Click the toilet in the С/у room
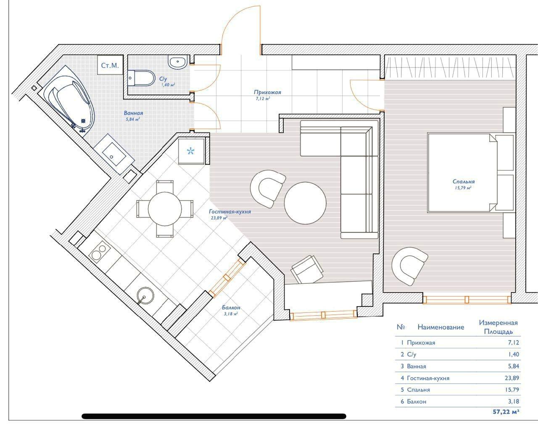coord(141,78)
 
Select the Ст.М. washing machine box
coord(110,65)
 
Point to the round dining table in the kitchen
coord(165,209)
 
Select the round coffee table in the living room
coord(305,203)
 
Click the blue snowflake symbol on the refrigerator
coord(190,151)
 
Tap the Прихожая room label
coord(267,92)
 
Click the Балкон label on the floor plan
coord(231,308)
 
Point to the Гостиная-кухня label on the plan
coord(230,211)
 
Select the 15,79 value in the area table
coord(512,389)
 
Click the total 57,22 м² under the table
coord(506,412)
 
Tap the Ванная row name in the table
coord(417,366)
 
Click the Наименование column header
coord(441,327)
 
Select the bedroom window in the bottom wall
coord(467,300)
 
